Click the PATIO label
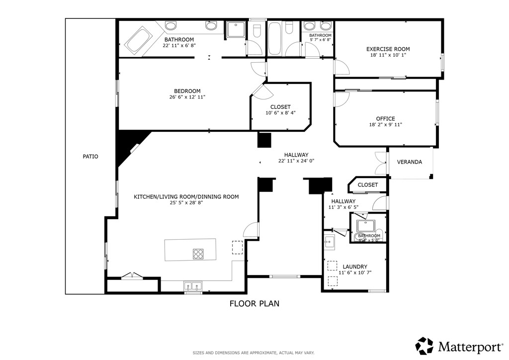click(90, 157)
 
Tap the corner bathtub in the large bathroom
click(138, 40)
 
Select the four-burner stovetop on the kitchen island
click(198, 254)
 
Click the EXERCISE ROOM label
click(388, 49)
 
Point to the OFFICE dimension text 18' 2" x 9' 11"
click(385, 125)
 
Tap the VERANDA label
click(409, 162)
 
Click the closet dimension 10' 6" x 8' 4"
click(280, 113)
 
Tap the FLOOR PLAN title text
click(254, 303)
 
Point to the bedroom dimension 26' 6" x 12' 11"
click(187, 97)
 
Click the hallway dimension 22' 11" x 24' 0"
click(296, 161)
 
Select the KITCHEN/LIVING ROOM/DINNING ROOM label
click(186, 197)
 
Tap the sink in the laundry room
click(329, 243)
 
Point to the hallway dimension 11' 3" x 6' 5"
click(343, 207)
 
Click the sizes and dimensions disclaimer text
click(254, 353)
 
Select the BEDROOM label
click(187, 91)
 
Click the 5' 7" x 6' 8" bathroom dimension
click(320, 40)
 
